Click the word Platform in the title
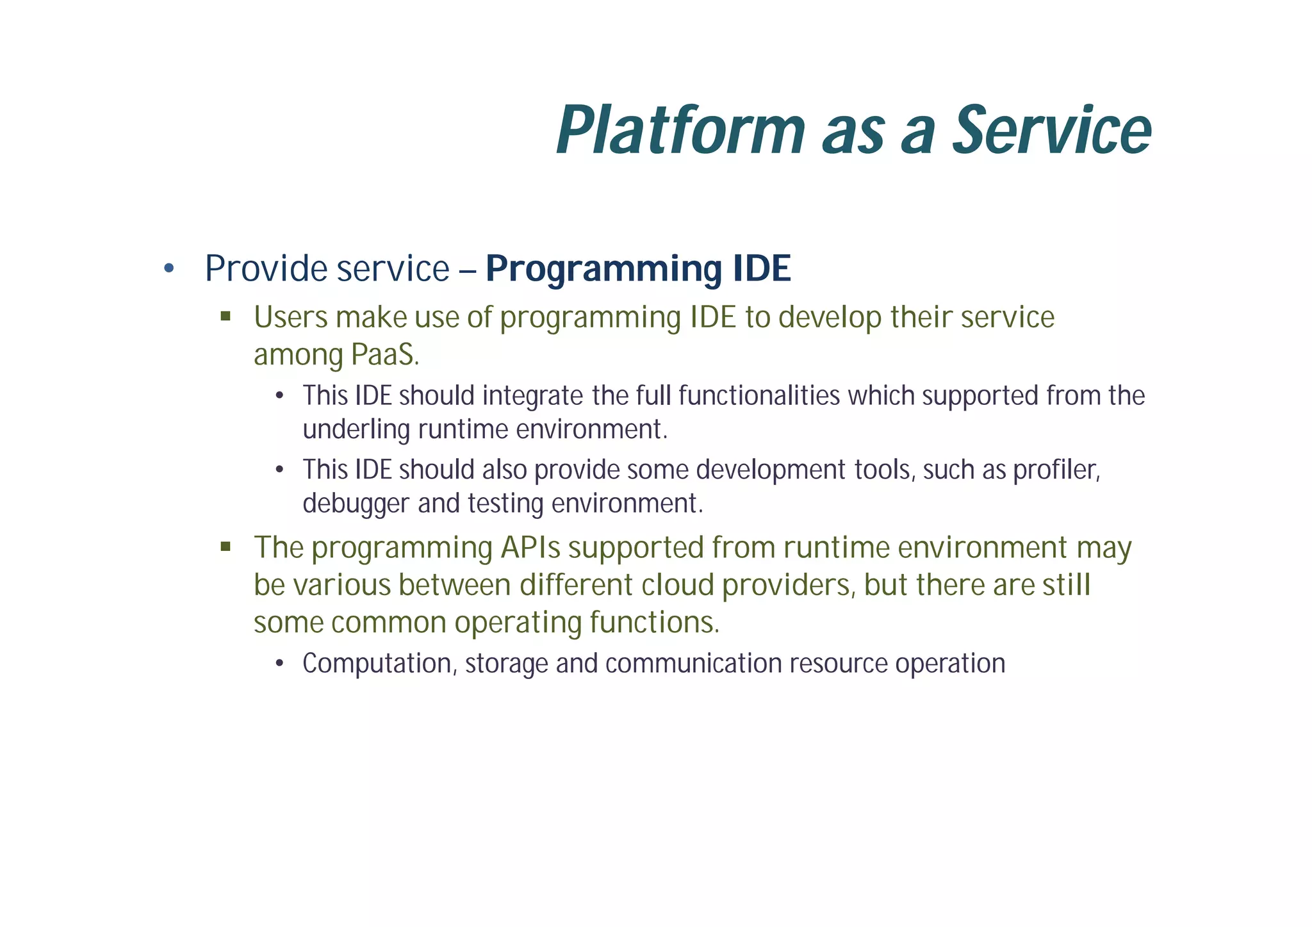tap(680, 131)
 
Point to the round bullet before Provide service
tap(168, 268)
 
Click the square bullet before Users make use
tap(225, 316)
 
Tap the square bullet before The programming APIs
tap(225, 546)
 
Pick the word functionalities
tap(758, 395)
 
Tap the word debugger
tap(356, 504)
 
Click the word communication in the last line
tap(693, 663)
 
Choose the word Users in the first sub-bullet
tap(290, 317)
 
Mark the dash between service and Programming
tap(468, 270)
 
